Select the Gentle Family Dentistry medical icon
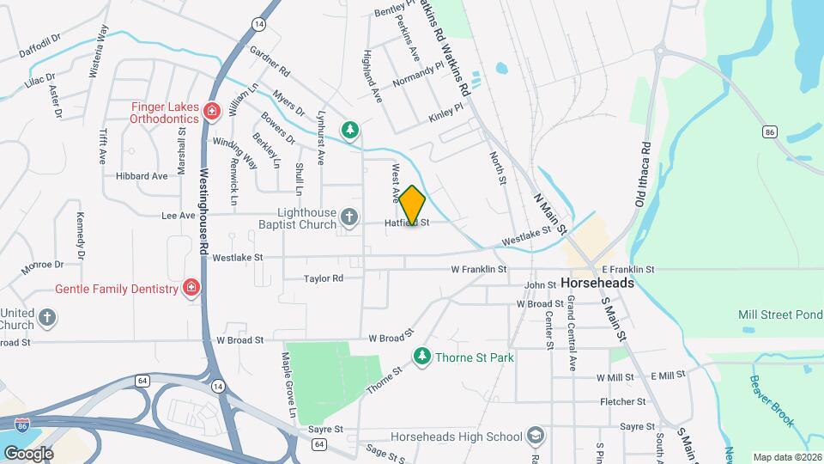[191, 288]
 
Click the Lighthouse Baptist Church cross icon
[349, 218]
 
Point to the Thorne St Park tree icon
[421, 355]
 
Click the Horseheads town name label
[597, 283]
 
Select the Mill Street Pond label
[780, 315]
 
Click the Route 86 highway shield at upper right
[769, 131]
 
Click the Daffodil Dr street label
[41, 46]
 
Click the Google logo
[28, 453]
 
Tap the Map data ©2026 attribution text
[786, 457]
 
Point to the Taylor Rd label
[324, 278]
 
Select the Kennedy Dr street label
[81, 235]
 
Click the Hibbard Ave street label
[142, 176]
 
